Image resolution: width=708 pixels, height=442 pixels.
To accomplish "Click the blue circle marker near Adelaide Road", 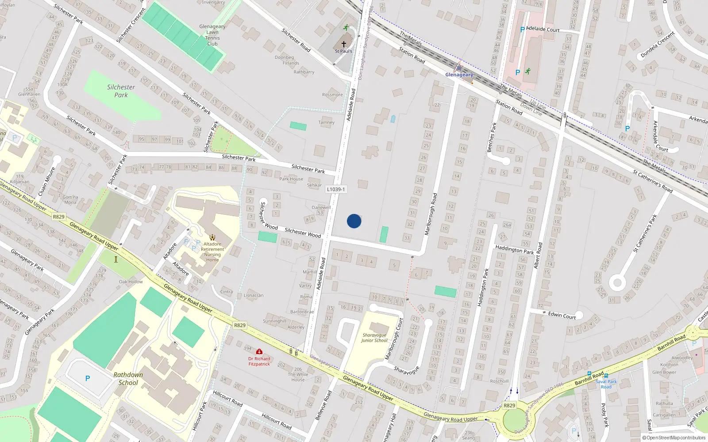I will tap(354, 221).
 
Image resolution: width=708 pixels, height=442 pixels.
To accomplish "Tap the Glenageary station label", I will tap(459, 75).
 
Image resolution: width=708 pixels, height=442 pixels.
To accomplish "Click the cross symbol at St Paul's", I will tap(344, 44).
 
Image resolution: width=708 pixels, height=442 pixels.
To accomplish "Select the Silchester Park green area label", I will tap(121, 91).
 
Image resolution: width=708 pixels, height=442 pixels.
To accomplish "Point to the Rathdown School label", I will tap(128, 379).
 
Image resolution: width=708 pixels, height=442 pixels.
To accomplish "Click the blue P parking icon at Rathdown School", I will tap(88, 378).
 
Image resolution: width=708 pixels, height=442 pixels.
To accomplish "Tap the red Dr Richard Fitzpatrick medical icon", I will tap(259, 352).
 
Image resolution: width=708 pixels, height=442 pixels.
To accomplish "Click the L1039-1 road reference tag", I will tap(336, 189).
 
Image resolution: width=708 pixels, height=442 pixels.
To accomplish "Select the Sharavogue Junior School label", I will tap(374, 338).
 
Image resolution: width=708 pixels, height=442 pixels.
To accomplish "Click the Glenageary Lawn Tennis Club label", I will tap(212, 35).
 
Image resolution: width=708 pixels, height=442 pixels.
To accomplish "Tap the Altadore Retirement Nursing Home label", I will tap(212, 251).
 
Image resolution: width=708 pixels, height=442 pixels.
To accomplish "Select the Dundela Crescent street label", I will tap(658, 45).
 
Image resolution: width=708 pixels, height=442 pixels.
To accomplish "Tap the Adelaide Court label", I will tap(543, 29).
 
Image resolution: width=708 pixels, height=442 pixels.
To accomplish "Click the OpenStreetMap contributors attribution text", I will tap(674, 438).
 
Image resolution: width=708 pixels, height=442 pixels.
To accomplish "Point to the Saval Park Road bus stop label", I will tap(606, 384).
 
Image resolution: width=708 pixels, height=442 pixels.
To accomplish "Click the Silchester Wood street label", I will tap(303, 232).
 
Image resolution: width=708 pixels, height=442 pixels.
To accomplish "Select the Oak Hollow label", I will tap(131, 282).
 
